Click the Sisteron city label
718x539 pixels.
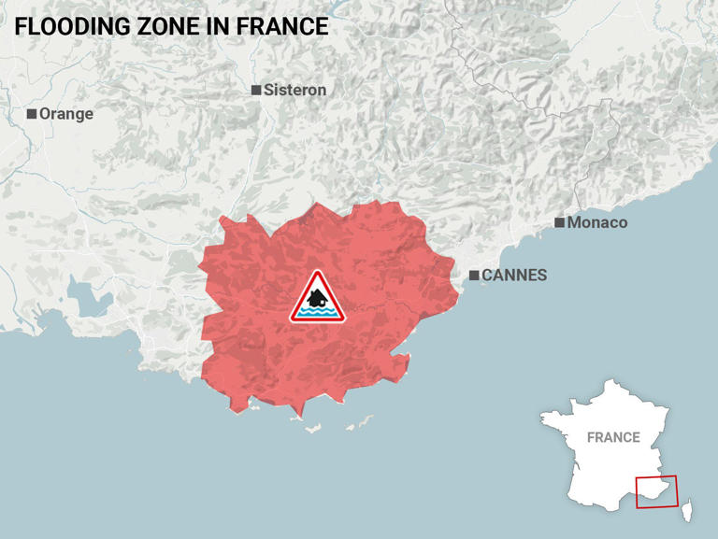coord(294,91)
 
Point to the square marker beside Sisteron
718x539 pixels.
coord(256,91)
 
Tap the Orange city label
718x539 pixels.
coord(66,114)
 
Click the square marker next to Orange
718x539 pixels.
coord(32,114)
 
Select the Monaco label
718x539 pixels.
coord(596,222)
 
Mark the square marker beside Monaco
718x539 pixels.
coord(559,222)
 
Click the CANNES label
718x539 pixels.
coord(514,276)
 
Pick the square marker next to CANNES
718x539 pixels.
coord(474,276)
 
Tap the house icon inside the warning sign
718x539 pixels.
coord(318,297)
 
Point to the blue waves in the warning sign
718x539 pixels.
coord(318,313)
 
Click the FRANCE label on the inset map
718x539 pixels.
coord(613,436)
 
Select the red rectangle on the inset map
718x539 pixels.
coord(656,492)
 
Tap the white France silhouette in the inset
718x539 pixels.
coord(598,467)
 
